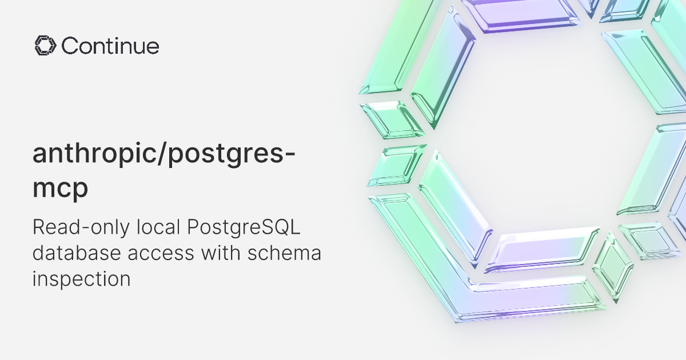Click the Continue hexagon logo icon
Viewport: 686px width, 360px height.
[44, 46]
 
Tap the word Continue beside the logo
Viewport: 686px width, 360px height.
[110, 46]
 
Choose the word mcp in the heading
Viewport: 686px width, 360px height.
[60, 189]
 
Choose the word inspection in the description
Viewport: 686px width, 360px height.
[82, 279]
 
